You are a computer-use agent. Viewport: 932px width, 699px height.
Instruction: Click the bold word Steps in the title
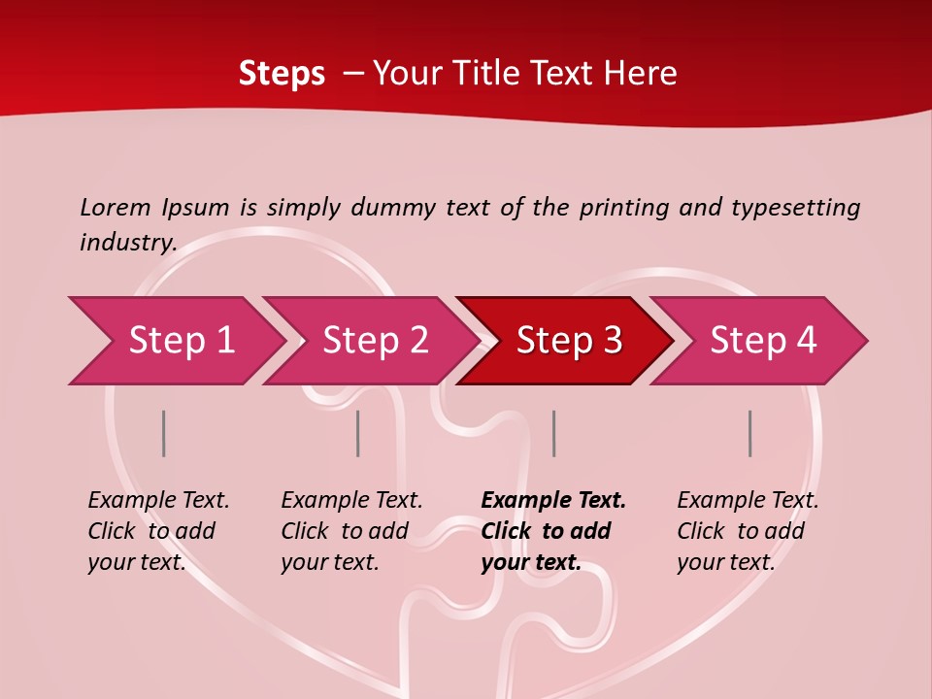(x=282, y=74)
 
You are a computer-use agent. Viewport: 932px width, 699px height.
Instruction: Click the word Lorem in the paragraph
(x=116, y=207)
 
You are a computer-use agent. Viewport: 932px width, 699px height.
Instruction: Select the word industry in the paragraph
(x=127, y=242)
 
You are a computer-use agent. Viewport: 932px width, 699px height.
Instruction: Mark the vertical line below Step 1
(x=164, y=433)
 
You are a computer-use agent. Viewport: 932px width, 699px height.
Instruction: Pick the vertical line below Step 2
(x=358, y=433)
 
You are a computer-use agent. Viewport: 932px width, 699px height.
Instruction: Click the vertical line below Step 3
(x=553, y=433)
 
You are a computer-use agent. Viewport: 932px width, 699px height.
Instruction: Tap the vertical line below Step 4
(x=749, y=433)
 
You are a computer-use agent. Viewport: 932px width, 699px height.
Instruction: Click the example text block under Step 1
(x=158, y=531)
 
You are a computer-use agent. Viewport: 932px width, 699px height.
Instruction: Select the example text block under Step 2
(x=351, y=531)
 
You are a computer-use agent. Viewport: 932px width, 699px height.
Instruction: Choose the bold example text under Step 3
(x=553, y=531)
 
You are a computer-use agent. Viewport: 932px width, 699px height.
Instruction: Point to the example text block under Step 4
(x=748, y=531)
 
